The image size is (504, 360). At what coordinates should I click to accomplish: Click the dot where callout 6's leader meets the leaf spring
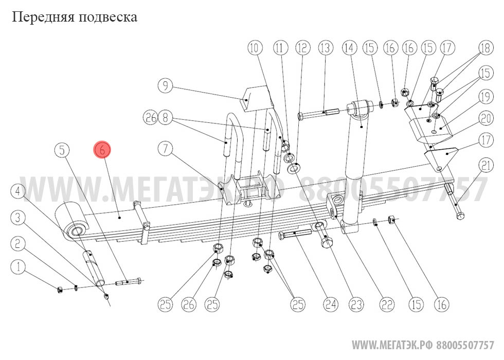[x=120, y=218]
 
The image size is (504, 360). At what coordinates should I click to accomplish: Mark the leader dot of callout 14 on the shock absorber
[x=362, y=128]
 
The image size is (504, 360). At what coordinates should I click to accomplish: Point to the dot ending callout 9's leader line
[x=246, y=100]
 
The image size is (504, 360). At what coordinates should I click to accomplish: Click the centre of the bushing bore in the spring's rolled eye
[x=77, y=231]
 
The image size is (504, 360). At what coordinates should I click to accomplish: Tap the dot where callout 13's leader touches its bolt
[x=324, y=112]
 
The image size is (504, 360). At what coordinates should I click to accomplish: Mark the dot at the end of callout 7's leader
[x=222, y=189]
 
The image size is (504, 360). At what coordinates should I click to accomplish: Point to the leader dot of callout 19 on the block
[x=441, y=129]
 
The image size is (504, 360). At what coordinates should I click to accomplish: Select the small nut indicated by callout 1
[x=60, y=290]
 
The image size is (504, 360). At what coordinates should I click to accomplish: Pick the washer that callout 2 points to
[x=76, y=287]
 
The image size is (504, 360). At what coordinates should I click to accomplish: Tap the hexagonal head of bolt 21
[x=460, y=215]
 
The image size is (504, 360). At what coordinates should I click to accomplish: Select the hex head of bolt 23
[x=327, y=241]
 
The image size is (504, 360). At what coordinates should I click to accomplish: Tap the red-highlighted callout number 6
[x=102, y=150]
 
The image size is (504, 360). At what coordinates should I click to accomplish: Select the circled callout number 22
[x=387, y=304]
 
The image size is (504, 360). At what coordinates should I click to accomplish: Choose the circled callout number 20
[x=485, y=118]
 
